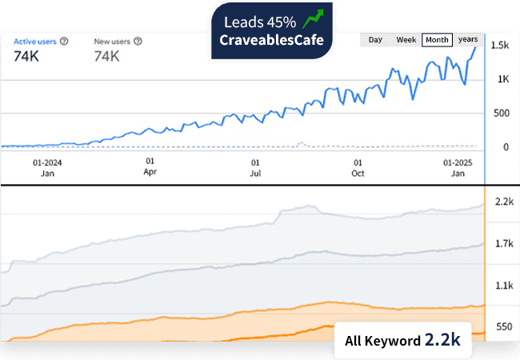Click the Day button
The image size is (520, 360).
(x=375, y=39)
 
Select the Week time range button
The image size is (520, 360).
(x=406, y=39)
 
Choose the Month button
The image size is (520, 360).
(x=437, y=39)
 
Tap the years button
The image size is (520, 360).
(x=468, y=39)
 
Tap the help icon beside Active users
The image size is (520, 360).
(x=63, y=40)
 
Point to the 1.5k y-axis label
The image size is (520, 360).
(x=500, y=46)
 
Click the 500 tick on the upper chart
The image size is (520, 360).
(x=502, y=113)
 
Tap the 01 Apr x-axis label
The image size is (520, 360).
(x=150, y=166)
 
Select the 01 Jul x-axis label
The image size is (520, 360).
(x=255, y=166)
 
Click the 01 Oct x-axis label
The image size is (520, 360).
(x=358, y=166)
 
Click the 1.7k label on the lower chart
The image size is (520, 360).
(x=503, y=243)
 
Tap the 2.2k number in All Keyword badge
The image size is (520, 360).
(x=442, y=340)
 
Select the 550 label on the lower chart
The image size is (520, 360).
(x=504, y=327)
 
